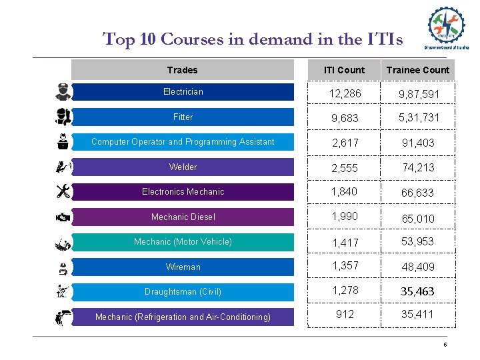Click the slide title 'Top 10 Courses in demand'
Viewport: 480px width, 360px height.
[x=253, y=39]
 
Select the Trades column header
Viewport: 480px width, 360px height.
[x=182, y=70]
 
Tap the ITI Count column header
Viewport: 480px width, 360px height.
[x=345, y=70]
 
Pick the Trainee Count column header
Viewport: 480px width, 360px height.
[x=418, y=70]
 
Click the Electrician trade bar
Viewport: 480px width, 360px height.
[x=183, y=92]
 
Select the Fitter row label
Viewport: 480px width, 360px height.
[x=183, y=117]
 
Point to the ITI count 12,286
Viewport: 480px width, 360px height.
[x=345, y=94]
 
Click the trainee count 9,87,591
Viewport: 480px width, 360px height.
[x=419, y=95]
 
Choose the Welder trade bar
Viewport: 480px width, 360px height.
[x=183, y=167]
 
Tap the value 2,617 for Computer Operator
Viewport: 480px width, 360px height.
[x=345, y=143]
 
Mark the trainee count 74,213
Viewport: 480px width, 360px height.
[x=418, y=167]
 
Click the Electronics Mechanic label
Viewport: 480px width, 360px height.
[x=183, y=192]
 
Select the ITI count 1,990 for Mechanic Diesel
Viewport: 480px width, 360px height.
[x=345, y=217]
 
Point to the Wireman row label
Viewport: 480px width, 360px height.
[x=183, y=267]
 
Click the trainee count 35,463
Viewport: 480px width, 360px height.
[x=418, y=291]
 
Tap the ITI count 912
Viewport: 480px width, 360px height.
[x=345, y=314]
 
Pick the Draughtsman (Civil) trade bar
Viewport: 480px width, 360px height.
[x=183, y=291]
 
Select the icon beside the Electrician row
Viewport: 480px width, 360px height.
[x=63, y=92]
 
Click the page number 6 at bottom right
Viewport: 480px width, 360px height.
[x=445, y=345]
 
